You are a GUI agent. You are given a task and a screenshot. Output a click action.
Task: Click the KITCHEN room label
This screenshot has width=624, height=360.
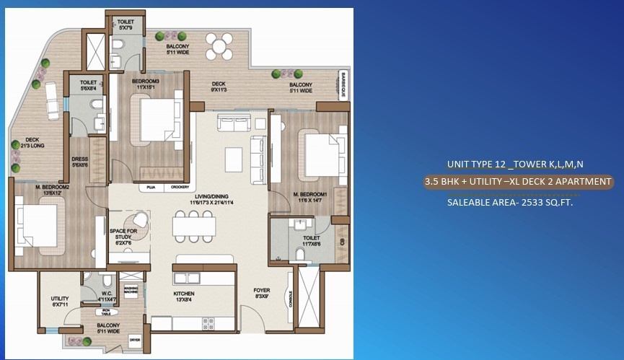(x=184, y=294)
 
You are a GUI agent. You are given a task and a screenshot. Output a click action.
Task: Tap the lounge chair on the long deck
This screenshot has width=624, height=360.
(x=51, y=97)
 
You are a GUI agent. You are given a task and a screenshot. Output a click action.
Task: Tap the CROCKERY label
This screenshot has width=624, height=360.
(x=180, y=186)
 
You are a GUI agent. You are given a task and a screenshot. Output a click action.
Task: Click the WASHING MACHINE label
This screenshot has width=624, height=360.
(x=131, y=290)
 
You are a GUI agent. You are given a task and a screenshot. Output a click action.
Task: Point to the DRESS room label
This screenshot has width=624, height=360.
(x=81, y=162)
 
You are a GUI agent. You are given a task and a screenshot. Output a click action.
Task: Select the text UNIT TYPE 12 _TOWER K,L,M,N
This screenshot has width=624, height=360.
(x=515, y=164)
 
